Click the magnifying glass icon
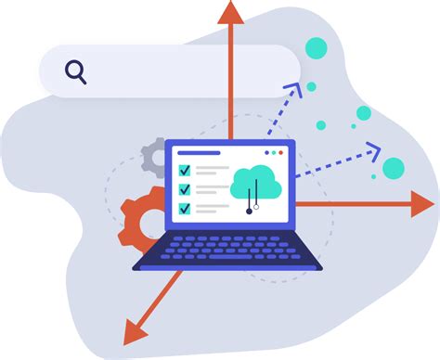tap(76, 71)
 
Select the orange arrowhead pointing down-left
tap(136, 330)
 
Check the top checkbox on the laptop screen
tap(185, 171)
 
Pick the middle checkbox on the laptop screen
tap(185, 189)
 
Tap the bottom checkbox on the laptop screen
tap(185, 208)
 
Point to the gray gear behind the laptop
tap(154, 159)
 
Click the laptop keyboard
tap(228, 249)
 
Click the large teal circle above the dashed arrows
tap(317, 48)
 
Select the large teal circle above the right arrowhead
tap(394, 168)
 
